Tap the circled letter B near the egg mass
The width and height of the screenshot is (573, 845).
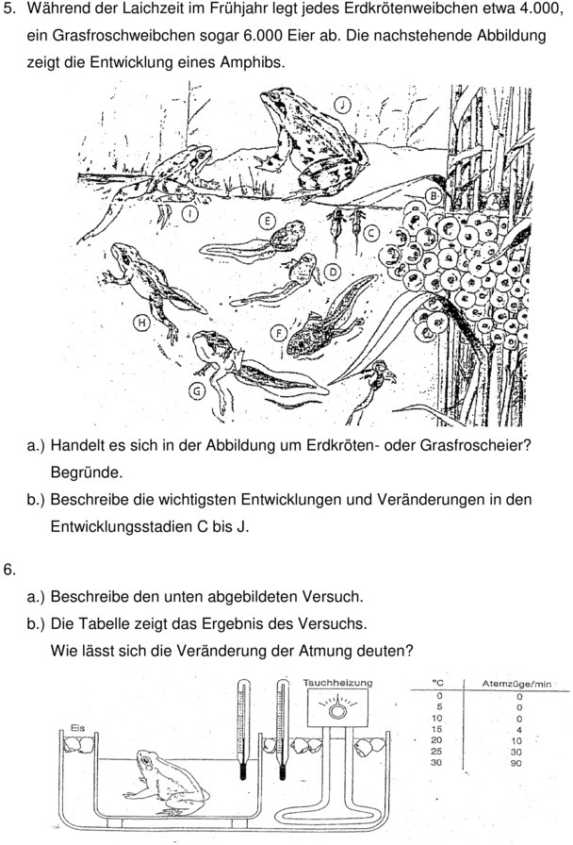click(x=433, y=196)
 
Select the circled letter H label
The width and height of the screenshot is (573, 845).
click(x=141, y=322)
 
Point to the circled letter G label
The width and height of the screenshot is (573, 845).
click(x=197, y=389)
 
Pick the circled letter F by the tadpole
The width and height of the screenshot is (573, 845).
click(x=279, y=332)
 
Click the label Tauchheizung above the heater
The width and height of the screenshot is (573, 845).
click(x=337, y=682)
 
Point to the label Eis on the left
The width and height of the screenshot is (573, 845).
click(x=78, y=727)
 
